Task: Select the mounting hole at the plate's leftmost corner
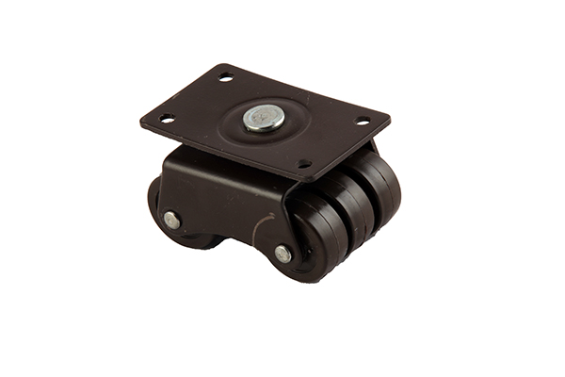click(167, 119)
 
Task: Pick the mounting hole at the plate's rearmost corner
click(225, 76)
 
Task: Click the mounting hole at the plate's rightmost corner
click(362, 121)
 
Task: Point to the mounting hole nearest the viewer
click(303, 163)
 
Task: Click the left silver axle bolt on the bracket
click(171, 220)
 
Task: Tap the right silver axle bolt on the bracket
click(282, 253)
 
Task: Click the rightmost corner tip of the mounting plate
click(390, 120)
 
